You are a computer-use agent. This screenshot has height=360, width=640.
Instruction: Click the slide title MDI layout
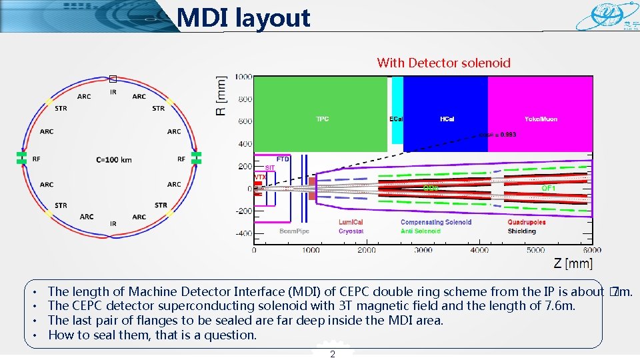(x=244, y=18)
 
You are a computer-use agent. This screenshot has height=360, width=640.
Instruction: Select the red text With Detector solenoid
(x=443, y=63)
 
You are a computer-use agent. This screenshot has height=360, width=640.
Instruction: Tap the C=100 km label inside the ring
(x=114, y=159)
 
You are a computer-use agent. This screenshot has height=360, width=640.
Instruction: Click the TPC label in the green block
(x=322, y=119)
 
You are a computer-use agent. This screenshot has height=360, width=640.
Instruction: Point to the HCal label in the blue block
(x=447, y=119)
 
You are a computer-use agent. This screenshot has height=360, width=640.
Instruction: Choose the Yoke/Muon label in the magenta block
(x=541, y=119)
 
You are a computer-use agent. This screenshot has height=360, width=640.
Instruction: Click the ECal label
(x=396, y=119)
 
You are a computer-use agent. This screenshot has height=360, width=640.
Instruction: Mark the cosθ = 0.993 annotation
(x=497, y=135)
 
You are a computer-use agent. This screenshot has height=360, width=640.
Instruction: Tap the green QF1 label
(x=548, y=189)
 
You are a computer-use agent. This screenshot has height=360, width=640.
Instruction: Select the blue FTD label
(x=283, y=159)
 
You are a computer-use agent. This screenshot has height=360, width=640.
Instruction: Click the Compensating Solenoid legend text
(x=436, y=222)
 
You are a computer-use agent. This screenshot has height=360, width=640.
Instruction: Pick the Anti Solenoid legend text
(x=420, y=231)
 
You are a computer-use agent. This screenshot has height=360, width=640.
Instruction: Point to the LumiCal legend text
(x=351, y=222)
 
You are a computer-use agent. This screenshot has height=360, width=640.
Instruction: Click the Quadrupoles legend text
(x=526, y=222)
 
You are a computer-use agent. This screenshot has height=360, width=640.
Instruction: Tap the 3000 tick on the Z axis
(x=423, y=251)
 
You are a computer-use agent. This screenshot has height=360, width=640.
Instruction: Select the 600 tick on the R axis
(x=245, y=121)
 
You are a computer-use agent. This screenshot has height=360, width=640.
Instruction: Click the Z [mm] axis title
(x=573, y=264)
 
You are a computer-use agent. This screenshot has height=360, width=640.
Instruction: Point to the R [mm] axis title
(x=221, y=95)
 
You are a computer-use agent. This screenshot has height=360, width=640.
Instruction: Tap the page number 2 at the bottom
(x=333, y=354)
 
